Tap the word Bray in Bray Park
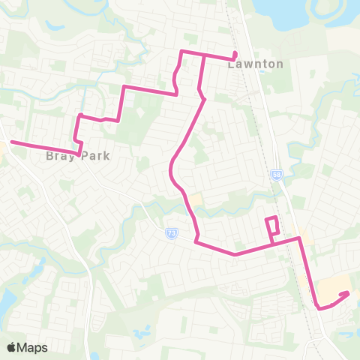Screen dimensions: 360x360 tap(59, 157)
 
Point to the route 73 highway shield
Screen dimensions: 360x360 tap(172, 233)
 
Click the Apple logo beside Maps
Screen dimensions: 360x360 tap(12, 347)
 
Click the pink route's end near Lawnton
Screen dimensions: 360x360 tap(235, 52)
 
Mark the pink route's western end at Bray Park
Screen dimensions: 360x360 tap(10, 141)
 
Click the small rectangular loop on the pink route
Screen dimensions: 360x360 tap(273, 226)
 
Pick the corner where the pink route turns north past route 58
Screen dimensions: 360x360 tap(300, 238)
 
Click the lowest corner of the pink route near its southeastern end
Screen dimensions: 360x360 tap(320, 307)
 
